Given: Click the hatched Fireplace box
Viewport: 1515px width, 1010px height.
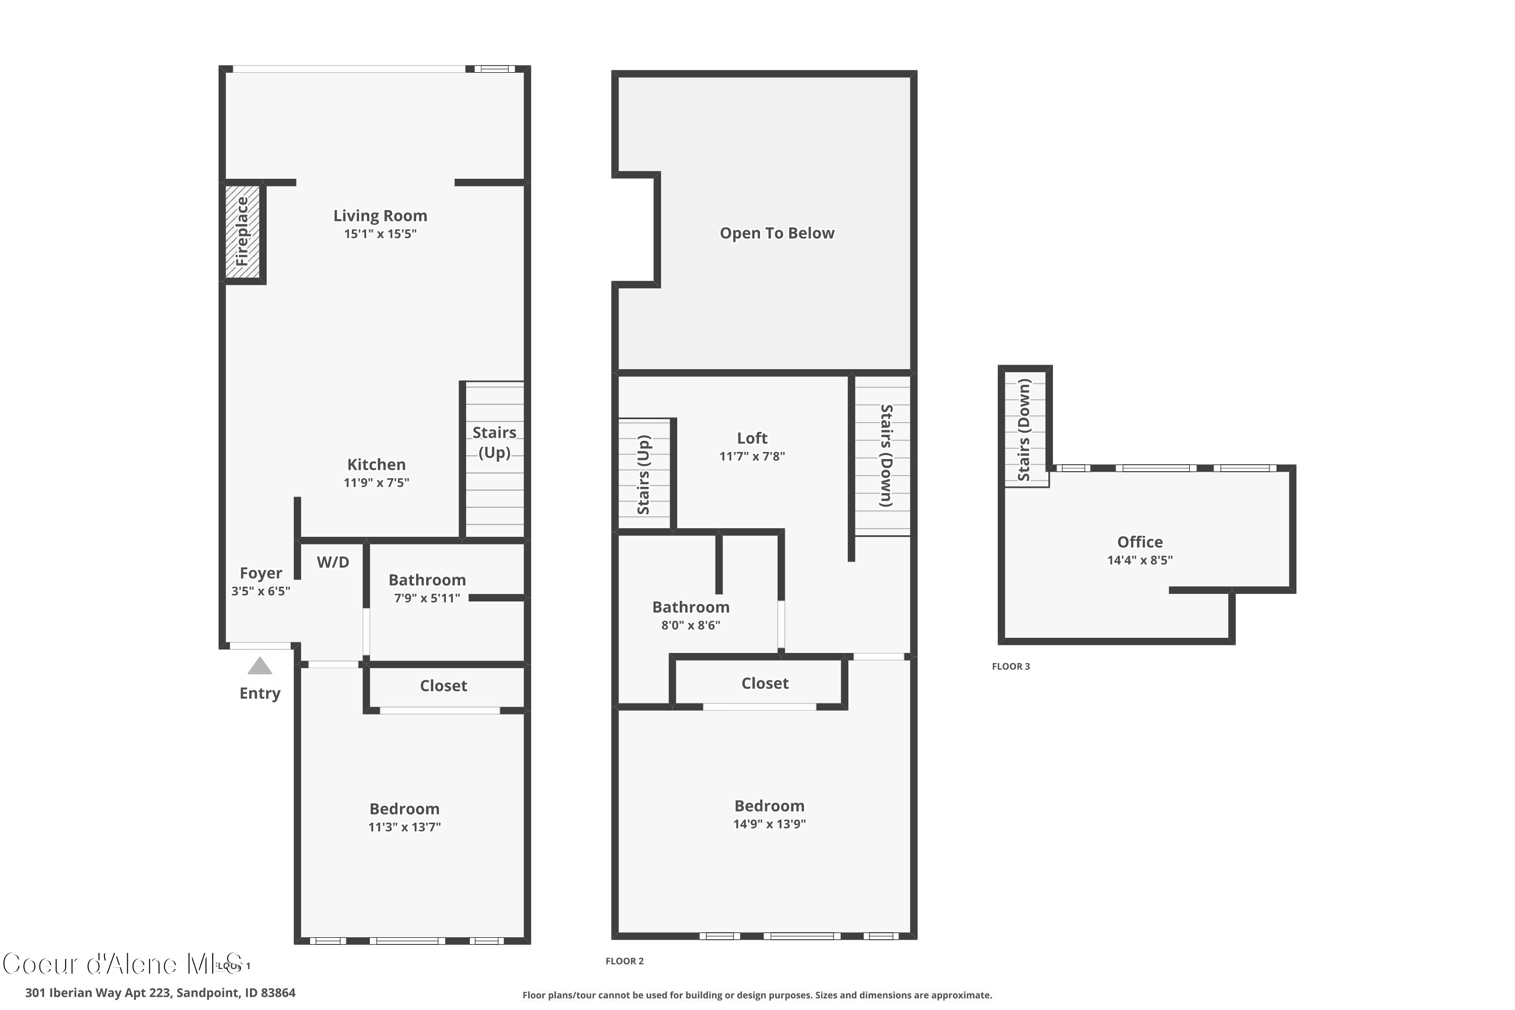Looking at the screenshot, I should coord(242,232).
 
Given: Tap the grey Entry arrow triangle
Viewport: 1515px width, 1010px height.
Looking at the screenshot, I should coord(260,667).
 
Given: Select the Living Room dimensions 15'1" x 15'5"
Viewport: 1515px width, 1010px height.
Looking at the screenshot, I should coord(380,234).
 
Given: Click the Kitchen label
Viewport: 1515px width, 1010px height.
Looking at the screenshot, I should coord(376,465).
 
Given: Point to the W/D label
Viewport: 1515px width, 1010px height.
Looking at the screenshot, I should coord(333,563).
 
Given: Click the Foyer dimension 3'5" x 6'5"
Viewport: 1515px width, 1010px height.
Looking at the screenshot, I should coord(261,591).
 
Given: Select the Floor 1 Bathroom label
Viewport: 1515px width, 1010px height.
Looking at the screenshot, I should coord(427,580).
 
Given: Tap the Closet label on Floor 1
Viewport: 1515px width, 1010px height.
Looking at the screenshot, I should coord(443,686).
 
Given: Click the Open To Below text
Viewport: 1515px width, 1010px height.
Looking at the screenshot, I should coord(777,233).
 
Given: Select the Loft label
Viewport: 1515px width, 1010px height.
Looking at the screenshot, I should coord(752,438).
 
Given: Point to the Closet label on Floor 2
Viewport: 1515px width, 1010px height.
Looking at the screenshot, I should coord(765,683).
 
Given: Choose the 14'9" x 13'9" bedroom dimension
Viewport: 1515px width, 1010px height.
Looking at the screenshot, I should coord(769,824).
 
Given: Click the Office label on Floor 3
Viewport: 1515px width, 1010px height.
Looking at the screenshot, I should coord(1139,542).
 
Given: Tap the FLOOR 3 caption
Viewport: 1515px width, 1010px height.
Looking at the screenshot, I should coord(1011,667).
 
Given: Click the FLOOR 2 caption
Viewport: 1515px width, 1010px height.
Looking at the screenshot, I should coord(624,961).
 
